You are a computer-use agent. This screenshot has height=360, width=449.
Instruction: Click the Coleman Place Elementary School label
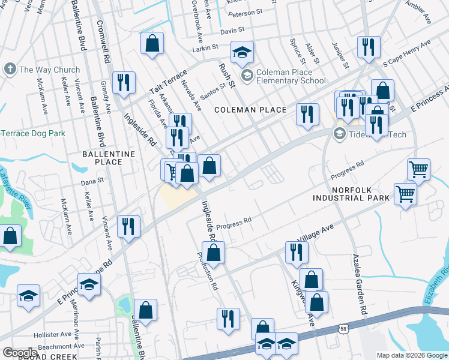[x=291, y=76]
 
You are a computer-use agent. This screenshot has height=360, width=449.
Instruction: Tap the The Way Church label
[x=49, y=70]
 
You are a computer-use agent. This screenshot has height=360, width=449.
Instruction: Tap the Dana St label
[x=92, y=179]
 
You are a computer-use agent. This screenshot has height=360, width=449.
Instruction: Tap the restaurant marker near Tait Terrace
[x=123, y=83]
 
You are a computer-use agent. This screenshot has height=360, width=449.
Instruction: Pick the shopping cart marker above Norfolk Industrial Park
[x=418, y=169]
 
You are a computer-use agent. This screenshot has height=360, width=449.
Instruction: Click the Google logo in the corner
[x=19, y=353]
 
